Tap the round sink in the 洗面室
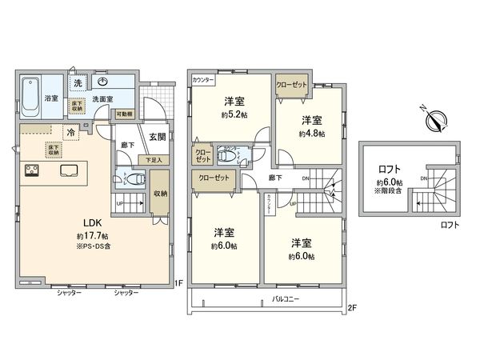(x=104, y=82)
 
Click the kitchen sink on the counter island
(x=66, y=170)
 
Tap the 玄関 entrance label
(x=157, y=136)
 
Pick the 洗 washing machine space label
(x=78, y=83)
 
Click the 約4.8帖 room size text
(x=311, y=134)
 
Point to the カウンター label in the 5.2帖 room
(x=204, y=80)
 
